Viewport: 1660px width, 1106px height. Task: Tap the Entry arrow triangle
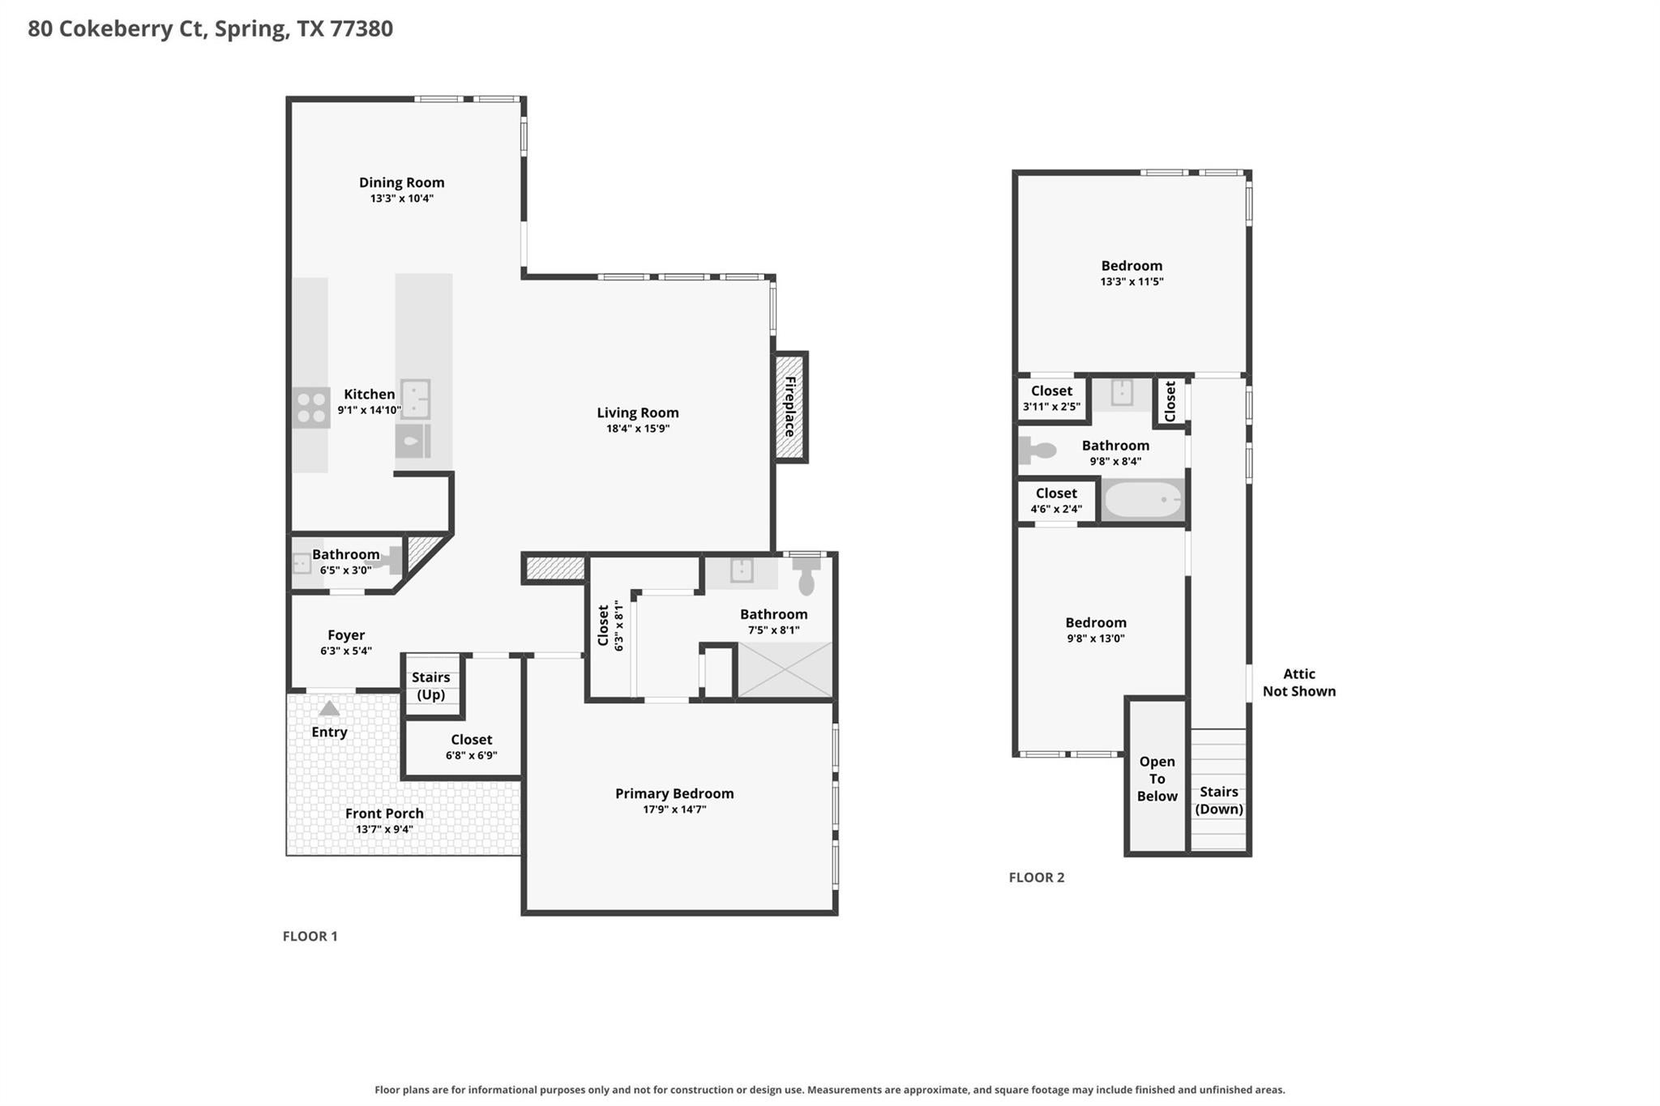pyautogui.click(x=328, y=709)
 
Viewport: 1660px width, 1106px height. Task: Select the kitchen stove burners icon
pyautogui.click(x=311, y=408)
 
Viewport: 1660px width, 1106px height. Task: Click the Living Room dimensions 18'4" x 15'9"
pyautogui.click(x=638, y=429)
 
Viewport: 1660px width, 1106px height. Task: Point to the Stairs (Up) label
pyautogui.click(x=431, y=685)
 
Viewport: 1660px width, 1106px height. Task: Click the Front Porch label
pyautogui.click(x=384, y=813)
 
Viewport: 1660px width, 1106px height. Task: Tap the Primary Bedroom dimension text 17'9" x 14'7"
pyautogui.click(x=674, y=809)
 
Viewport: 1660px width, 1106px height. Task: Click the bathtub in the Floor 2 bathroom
pyautogui.click(x=1144, y=500)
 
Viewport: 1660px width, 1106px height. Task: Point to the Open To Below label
pyautogui.click(x=1157, y=779)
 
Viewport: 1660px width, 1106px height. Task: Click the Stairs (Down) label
pyautogui.click(x=1219, y=800)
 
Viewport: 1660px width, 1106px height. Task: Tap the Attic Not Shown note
pyautogui.click(x=1299, y=682)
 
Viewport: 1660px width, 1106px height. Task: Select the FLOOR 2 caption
pyautogui.click(x=1037, y=878)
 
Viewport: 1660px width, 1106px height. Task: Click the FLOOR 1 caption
pyautogui.click(x=310, y=937)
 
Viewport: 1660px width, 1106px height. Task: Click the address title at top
pyautogui.click(x=211, y=28)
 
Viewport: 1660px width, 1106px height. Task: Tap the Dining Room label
pyautogui.click(x=402, y=182)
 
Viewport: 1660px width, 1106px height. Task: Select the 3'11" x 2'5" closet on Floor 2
pyautogui.click(x=1051, y=398)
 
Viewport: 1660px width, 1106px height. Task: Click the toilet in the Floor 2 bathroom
pyautogui.click(x=1037, y=450)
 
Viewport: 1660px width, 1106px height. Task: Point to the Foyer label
pyautogui.click(x=346, y=635)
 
